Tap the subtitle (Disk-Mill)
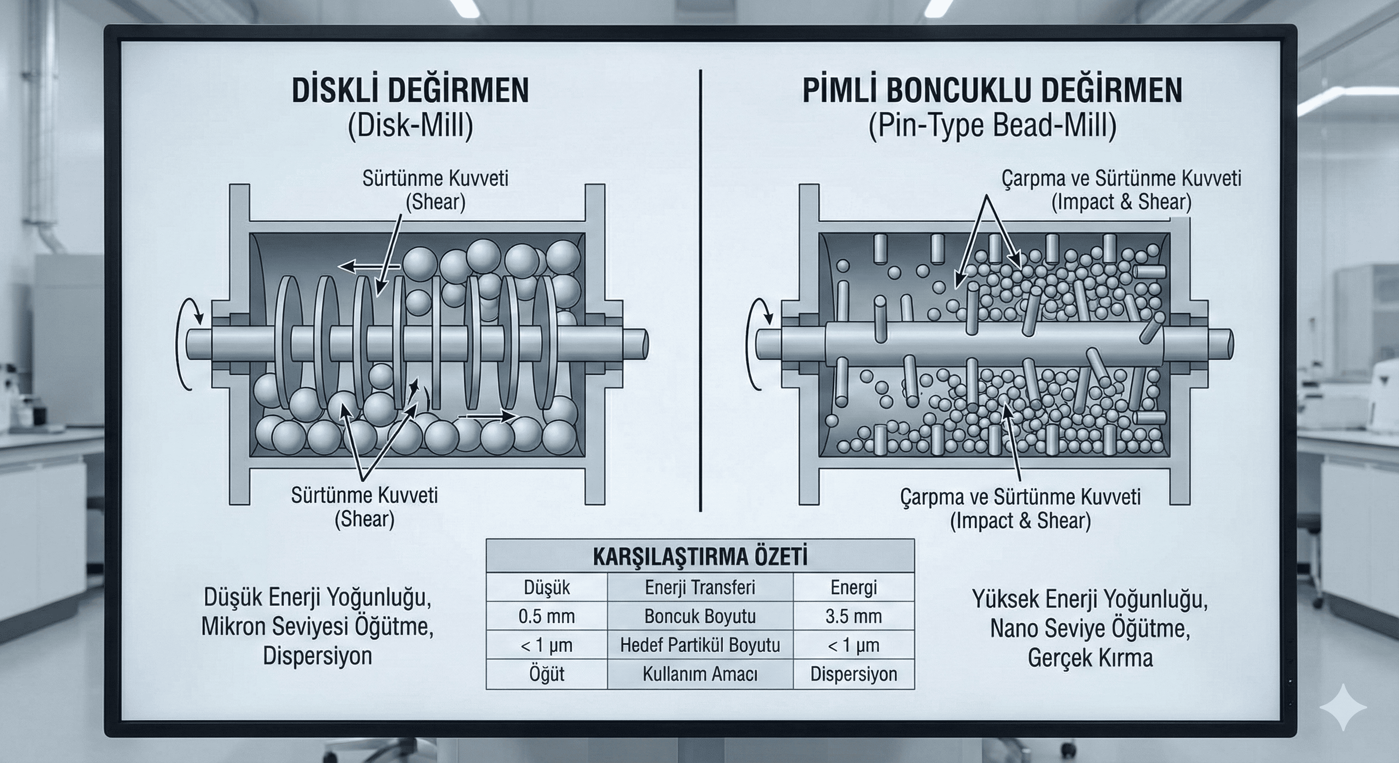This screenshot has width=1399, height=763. pyautogui.click(x=410, y=126)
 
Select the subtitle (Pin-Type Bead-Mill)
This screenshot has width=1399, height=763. pyautogui.click(x=992, y=126)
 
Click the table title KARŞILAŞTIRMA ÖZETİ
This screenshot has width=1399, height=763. pyautogui.click(x=700, y=557)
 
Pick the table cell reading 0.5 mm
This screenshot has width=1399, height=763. pyautogui.click(x=546, y=616)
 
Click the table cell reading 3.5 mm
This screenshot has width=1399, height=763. pyautogui.click(x=853, y=616)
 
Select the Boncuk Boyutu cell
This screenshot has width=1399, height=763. pyautogui.click(x=700, y=616)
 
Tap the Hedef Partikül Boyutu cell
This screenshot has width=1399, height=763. pyautogui.click(x=700, y=645)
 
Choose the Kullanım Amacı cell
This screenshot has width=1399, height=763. pyautogui.click(x=700, y=674)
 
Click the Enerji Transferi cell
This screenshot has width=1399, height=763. pyautogui.click(x=700, y=588)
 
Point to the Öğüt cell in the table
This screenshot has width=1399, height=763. pyautogui.click(x=546, y=674)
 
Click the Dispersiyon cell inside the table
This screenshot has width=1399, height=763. pyautogui.click(x=853, y=674)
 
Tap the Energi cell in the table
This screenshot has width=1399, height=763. pyautogui.click(x=853, y=588)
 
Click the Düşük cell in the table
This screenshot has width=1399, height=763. pyautogui.click(x=546, y=588)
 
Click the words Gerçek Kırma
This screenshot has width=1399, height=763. pyautogui.click(x=1090, y=658)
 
